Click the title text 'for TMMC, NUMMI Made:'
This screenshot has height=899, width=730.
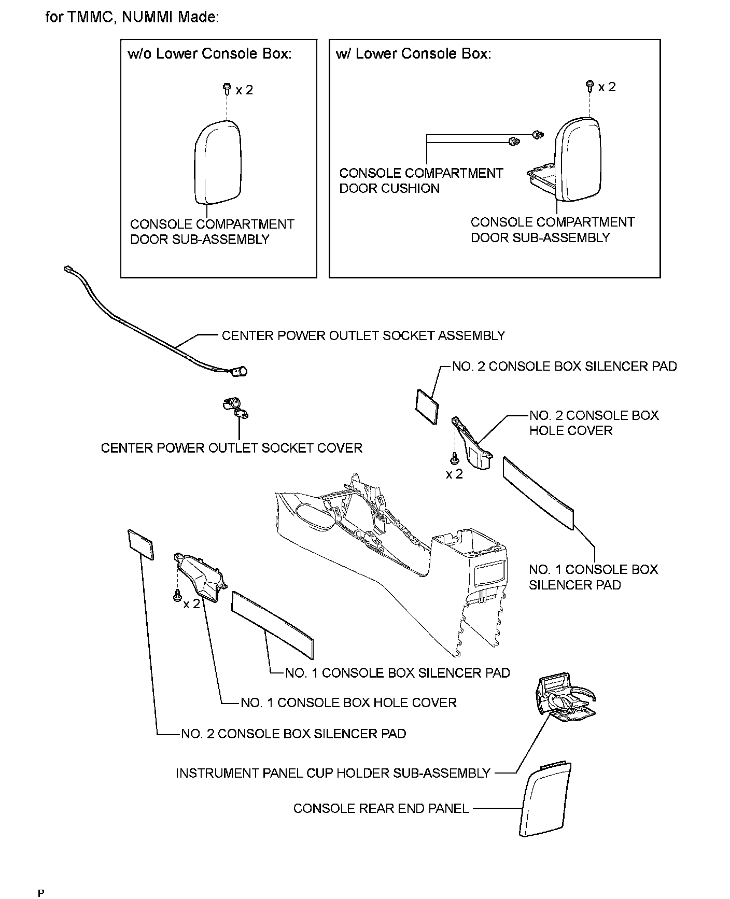[132, 17]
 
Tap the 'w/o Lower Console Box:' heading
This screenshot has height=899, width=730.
[209, 54]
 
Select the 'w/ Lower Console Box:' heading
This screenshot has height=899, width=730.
[413, 54]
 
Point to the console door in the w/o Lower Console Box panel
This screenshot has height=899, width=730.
[218, 162]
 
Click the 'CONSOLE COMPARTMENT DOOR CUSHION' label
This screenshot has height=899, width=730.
[421, 180]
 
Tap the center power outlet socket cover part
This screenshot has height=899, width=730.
[235, 407]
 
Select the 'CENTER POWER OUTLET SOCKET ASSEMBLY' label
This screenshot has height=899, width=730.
[363, 335]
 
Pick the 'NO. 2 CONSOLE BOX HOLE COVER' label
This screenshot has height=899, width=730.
[594, 423]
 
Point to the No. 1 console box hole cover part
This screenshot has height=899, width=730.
[200, 578]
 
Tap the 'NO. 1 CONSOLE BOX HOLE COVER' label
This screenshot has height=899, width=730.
[348, 703]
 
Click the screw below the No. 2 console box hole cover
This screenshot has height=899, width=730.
[455, 458]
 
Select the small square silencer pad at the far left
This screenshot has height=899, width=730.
[141, 544]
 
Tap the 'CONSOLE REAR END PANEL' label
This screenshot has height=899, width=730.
[381, 808]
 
